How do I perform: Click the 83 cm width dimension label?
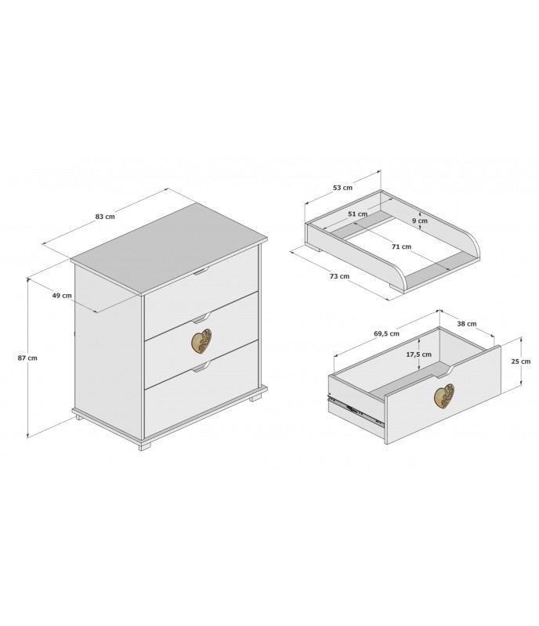105,217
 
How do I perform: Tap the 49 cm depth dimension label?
62,296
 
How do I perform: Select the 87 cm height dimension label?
27,358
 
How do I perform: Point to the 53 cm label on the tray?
342,187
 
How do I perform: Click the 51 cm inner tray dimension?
357,214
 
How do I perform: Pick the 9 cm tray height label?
420,221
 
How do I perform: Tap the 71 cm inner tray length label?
401,246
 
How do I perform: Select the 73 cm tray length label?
339,276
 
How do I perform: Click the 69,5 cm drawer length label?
386,334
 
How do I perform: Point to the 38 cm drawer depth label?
467,323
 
